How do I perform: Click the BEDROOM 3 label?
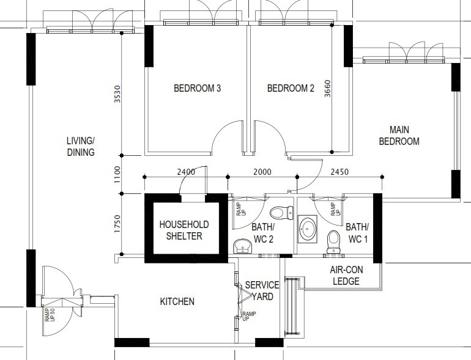click(198, 88)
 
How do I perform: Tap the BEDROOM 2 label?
click(291, 88)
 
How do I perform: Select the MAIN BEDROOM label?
click(399, 136)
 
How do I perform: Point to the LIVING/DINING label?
click(81, 147)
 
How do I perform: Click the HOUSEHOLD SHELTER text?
click(184, 230)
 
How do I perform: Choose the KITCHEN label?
click(177, 301)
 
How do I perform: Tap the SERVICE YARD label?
click(262, 291)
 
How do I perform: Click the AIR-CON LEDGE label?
click(346, 275)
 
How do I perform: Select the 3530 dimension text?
click(117, 94)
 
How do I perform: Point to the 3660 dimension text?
click(327, 88)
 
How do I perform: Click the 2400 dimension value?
click(186, 172)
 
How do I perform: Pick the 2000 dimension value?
click(262, 172)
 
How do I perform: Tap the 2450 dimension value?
click(339, 172)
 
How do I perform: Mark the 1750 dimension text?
click(117, 224)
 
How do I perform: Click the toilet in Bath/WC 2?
click(281, 213)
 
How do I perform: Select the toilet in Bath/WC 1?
click(333, 242)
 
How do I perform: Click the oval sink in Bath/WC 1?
click(308, 229)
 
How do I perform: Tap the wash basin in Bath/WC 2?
click(242, 246)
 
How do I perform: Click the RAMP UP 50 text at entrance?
click(50, 315)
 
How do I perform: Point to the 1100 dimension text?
click(117, 175)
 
